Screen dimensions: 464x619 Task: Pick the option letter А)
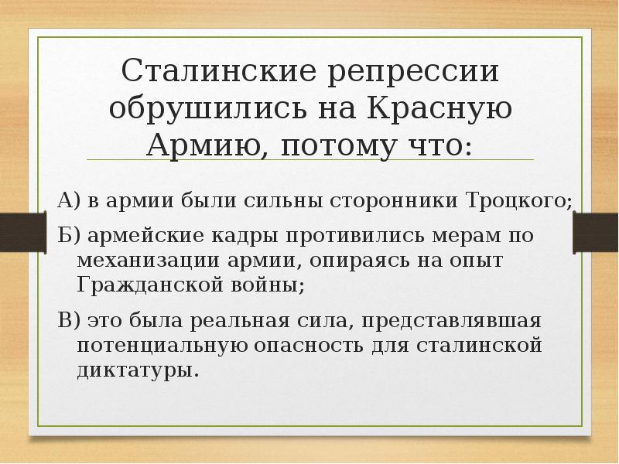pyautogui.click(x=69, y=202)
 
